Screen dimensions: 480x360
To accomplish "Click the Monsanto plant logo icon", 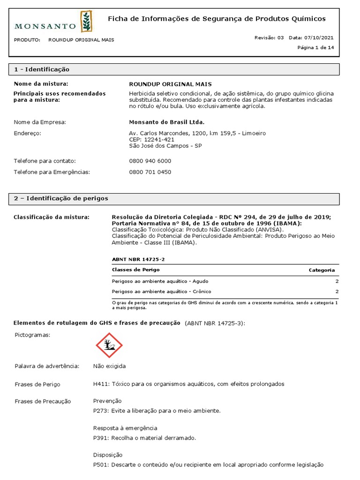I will click(x=86, y=22).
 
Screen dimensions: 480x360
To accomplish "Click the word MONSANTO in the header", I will click(x=45, y=26).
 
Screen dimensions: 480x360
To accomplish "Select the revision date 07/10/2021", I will click(x=319, y=37).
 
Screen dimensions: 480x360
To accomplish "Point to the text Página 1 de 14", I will click(x=316, y=47).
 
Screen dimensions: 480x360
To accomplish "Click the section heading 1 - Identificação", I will click(x=42, y=69).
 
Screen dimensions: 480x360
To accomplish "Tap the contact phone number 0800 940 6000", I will click(x=150, y=161).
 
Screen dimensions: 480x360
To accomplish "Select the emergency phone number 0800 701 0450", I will click(x=150, y=172).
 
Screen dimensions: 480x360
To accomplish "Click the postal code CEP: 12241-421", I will click(x=151, y=139).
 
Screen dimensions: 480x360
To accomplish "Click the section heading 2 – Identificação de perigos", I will click(x=61, y=198).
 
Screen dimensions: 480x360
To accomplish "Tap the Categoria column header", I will click(x=322, y=270).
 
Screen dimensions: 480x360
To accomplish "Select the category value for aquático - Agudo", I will click(x=337, y=281).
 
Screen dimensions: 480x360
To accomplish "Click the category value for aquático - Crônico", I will click(x=337, y=292).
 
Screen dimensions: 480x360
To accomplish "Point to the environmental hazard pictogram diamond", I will click(x=109, y=345).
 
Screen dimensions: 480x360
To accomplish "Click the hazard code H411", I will click(x=101, y=384).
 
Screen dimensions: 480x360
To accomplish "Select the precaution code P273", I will click(x=100, y=411).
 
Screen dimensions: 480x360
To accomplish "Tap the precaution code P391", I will click(x=100, y=438).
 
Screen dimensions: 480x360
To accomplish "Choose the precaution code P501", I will click(x=100, y=465).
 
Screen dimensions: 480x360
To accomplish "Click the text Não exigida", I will click(x=109, y=366).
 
